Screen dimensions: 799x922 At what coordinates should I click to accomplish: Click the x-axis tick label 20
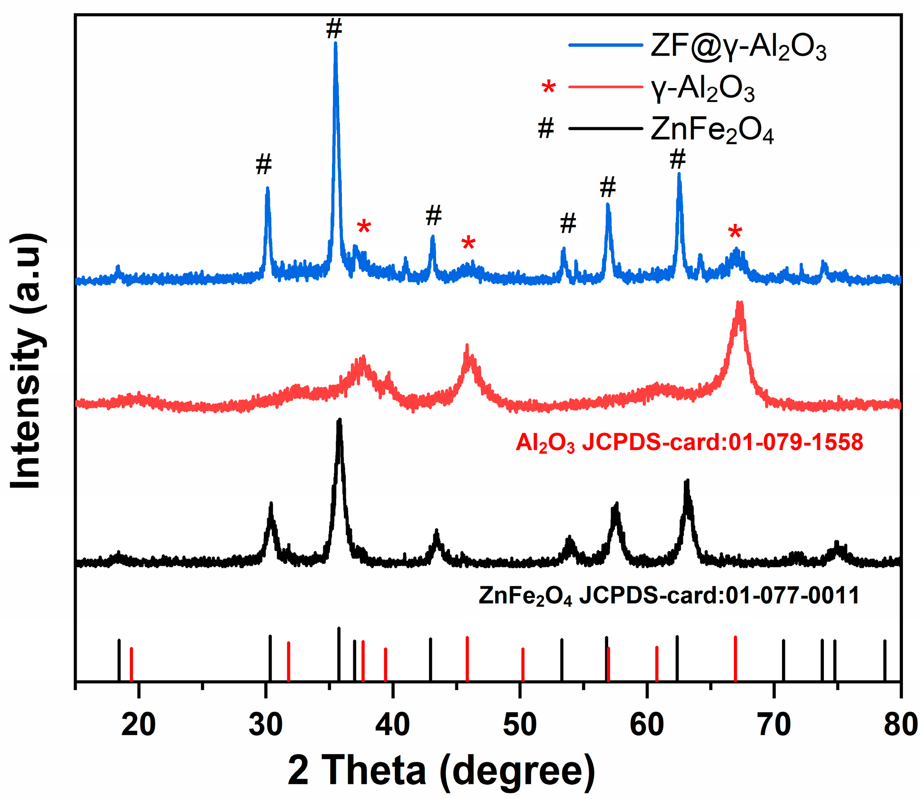click(x=138, y=725)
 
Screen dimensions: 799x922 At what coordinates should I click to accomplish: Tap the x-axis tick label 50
click(x=520, y=725)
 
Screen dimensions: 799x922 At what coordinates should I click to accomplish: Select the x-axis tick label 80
click(x=900, y=725)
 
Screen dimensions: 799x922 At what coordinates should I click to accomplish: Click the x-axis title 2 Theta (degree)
click(x=441, y=770)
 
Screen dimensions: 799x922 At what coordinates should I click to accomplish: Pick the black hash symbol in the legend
click(x=546, y=129)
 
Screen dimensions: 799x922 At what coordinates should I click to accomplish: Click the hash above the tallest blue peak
click(x=334, y=29)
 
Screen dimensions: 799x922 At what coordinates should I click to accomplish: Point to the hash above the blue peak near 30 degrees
click(x=263, y=164)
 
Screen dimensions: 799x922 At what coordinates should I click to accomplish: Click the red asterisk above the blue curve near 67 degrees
click(x=735, y=233)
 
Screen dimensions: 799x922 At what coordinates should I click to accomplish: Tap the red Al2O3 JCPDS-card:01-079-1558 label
click(x=689, y=443)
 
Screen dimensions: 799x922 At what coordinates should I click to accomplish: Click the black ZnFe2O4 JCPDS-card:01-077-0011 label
click(x=669, y=596)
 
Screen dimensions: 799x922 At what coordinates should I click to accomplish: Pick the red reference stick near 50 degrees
click(x=522, y=664)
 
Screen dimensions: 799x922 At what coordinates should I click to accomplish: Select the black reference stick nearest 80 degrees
click(x=884, y=660)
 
